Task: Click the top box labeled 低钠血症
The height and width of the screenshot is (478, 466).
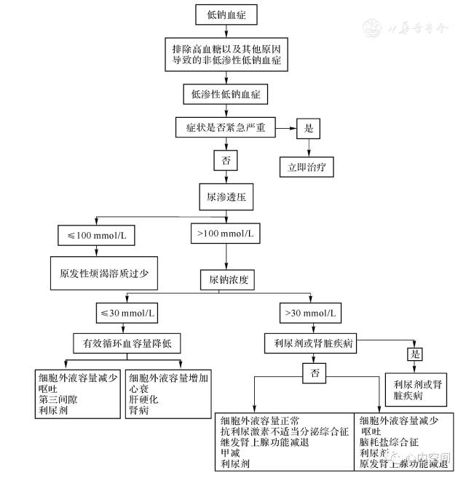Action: pos(226,14)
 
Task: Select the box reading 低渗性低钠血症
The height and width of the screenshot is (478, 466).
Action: pos(226,93)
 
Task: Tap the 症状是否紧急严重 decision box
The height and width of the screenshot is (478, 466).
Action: pos(226,127)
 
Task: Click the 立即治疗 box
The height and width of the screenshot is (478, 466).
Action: pos(307,167)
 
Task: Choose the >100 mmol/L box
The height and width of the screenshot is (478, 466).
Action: pos(226,234)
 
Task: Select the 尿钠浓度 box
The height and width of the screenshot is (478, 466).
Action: pos(226,279)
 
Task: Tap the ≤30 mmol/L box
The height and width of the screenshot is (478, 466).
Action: pos(127,314)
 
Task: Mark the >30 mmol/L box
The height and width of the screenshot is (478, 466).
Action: pos(310,314)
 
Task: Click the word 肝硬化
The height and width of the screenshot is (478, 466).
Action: pos(143,399)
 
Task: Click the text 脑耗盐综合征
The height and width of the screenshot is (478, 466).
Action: pos(390,441)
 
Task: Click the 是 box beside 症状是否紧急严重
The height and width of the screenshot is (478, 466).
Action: pos(308,127)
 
